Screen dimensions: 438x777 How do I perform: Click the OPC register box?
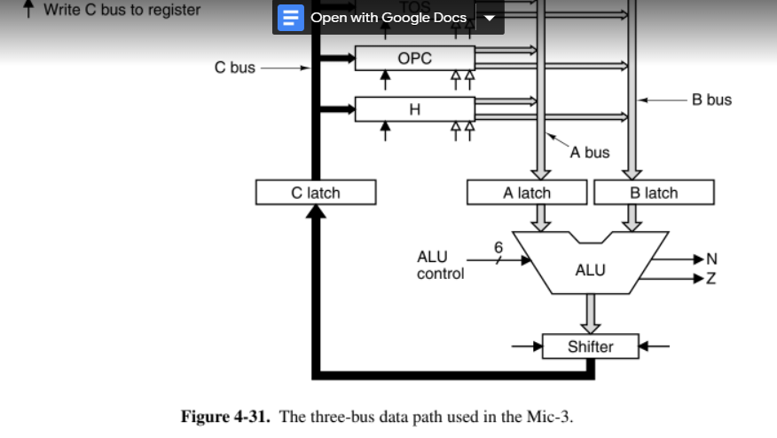(x=414, y=59)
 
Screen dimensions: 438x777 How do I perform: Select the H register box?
(x=414, y=109)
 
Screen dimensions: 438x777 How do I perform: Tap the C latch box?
(x=315, y=192)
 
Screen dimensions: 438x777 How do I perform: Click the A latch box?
(x=527, y=192)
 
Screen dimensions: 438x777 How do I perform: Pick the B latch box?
(x=654, y=192)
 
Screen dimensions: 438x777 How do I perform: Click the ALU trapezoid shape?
(x=590, y=268)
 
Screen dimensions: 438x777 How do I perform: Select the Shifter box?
(x=590, y=346)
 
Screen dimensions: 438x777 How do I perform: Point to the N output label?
(x=710, y=259)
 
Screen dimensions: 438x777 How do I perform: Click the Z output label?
(x=710, y=279)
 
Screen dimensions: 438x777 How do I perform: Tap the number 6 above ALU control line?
(x=498, y=246)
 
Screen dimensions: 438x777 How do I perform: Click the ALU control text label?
(x=440, y=266)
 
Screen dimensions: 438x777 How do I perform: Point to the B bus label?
(x=712, y=100)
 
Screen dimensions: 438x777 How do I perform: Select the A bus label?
(x=590, y=153)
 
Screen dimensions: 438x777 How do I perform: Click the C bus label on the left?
(x=235, y=68)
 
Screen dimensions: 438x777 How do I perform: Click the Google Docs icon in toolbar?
(x=290, y=18)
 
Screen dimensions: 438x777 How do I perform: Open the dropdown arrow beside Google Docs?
(x=489, y=18)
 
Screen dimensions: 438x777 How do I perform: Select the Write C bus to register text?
(x=122, y=10)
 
